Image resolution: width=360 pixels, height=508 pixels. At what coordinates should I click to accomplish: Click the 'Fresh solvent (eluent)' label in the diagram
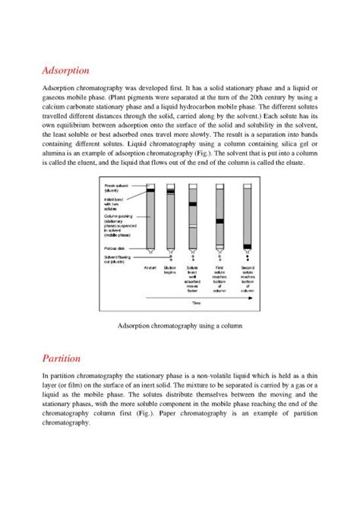[x=114, y=185]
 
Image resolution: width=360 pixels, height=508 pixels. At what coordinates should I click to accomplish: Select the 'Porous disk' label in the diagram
[x=114, y=248]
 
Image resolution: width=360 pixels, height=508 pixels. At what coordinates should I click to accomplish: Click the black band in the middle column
[x=194, y=204]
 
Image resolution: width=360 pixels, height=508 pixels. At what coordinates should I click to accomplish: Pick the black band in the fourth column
[x=219, y=220]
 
